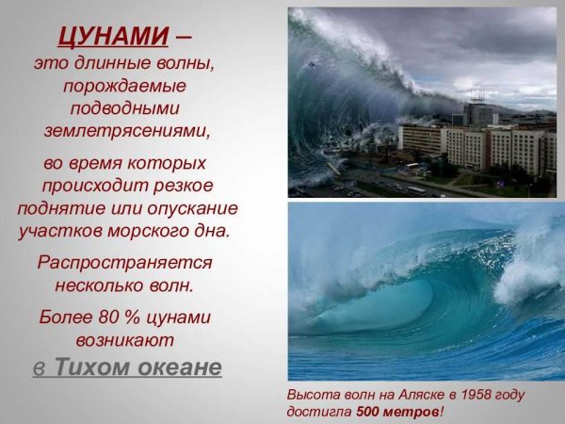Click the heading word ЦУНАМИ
(113, 37)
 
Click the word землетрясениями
(126, 130)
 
